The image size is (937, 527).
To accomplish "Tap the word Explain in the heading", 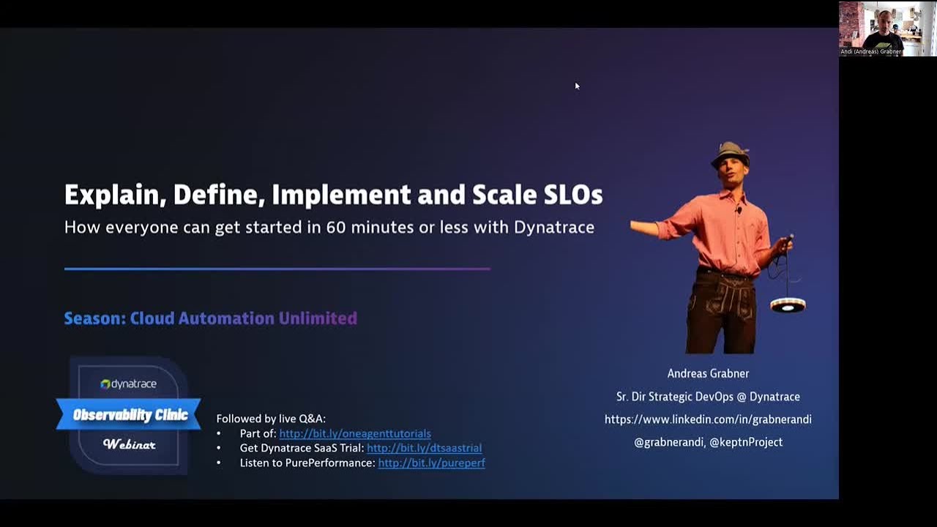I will (110, 195).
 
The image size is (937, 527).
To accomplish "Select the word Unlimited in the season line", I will (318, 318).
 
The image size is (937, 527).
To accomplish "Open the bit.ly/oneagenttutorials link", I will (355, 433).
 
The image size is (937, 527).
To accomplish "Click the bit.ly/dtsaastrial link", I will (424, 448).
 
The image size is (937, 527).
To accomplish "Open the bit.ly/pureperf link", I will (431, 463).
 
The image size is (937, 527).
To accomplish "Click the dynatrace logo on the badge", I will (129, 384).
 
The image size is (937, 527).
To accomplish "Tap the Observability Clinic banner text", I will (130, 415).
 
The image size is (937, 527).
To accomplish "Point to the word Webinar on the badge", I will (130, 444).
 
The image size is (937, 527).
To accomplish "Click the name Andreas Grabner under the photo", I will (708, 373).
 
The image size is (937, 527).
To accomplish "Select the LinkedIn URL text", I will (708, 419).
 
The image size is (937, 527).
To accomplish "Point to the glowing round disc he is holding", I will (788, 304).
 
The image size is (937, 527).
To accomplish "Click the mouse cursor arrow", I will (577, 86).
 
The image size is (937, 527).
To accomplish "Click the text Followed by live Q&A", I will (271, 419).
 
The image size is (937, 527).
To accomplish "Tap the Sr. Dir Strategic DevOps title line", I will (708, 397).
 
